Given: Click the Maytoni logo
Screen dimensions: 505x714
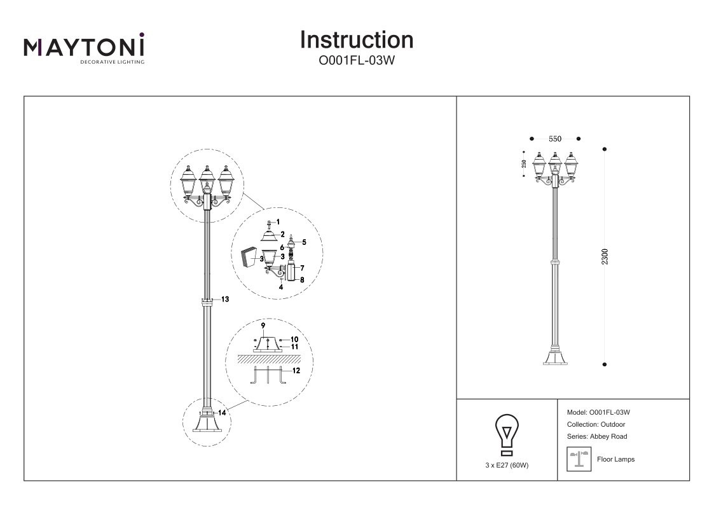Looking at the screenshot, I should click(84, 48).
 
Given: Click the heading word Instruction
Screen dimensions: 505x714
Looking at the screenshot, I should click(356, 40).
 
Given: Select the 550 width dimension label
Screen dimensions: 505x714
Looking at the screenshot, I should click(554, 139).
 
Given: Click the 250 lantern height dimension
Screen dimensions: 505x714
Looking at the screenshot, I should click(523, 163).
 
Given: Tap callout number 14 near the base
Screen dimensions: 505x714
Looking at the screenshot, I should click(222, 412).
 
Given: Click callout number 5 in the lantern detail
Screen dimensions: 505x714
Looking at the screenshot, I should click(303, 242).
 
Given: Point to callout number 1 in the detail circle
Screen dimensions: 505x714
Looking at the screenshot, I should click(278, 220).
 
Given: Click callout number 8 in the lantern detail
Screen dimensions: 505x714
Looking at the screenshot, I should click(303, 279).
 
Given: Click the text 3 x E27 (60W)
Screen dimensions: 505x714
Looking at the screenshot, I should click(507, 465).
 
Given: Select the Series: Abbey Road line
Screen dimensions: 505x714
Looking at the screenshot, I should click(596, 436).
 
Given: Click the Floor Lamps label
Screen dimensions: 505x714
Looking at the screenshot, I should click(615, 459).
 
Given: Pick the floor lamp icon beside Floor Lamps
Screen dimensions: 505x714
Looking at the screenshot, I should click(579, 459).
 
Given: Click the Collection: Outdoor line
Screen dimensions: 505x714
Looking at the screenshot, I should click(595, 424).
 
